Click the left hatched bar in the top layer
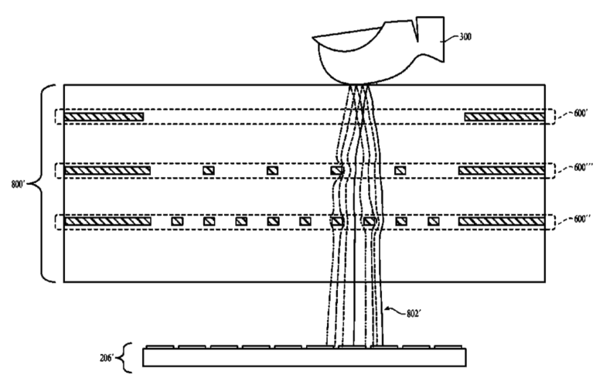[104, 117]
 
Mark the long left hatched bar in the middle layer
[107, 170]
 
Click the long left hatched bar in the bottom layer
[107, 222]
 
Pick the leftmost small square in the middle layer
[208, 170]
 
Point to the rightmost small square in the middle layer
[400, 170]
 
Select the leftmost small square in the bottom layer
[176, 222]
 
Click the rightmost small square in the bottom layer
[433, 222]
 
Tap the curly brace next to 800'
[43, 184]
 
